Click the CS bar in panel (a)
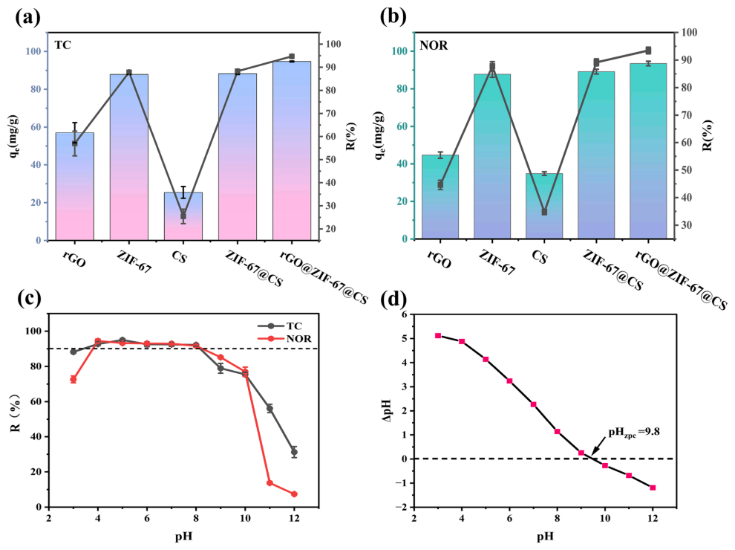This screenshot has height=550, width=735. [183, 216]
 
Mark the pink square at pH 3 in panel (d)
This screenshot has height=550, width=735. [438, 336]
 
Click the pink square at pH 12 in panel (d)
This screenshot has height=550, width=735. [653, 488]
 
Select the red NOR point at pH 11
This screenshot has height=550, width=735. [269, 483]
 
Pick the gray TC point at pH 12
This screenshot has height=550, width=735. [294, 452]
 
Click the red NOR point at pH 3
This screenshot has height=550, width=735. [73, 379]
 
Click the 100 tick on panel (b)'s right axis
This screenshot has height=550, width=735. [689, 33]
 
